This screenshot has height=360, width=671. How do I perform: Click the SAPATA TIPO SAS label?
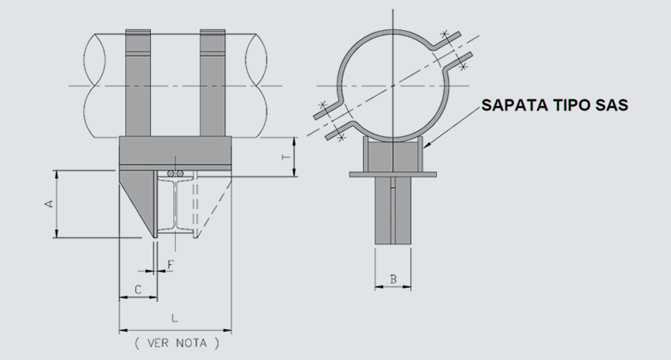[554, 105]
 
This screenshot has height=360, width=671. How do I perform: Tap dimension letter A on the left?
[50, 203]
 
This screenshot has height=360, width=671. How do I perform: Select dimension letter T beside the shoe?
[286, 157]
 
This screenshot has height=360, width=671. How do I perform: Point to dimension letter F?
[171, 265]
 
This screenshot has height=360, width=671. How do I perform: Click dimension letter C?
[138, 290]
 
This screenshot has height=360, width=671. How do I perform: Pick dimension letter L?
[174, 318]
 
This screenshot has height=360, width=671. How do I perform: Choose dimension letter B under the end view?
[393, 279]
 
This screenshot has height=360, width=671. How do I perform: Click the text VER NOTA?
[177, 343]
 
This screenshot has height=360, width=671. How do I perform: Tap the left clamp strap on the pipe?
[138, 83]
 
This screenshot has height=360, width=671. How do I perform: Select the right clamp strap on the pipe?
[213, 83]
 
